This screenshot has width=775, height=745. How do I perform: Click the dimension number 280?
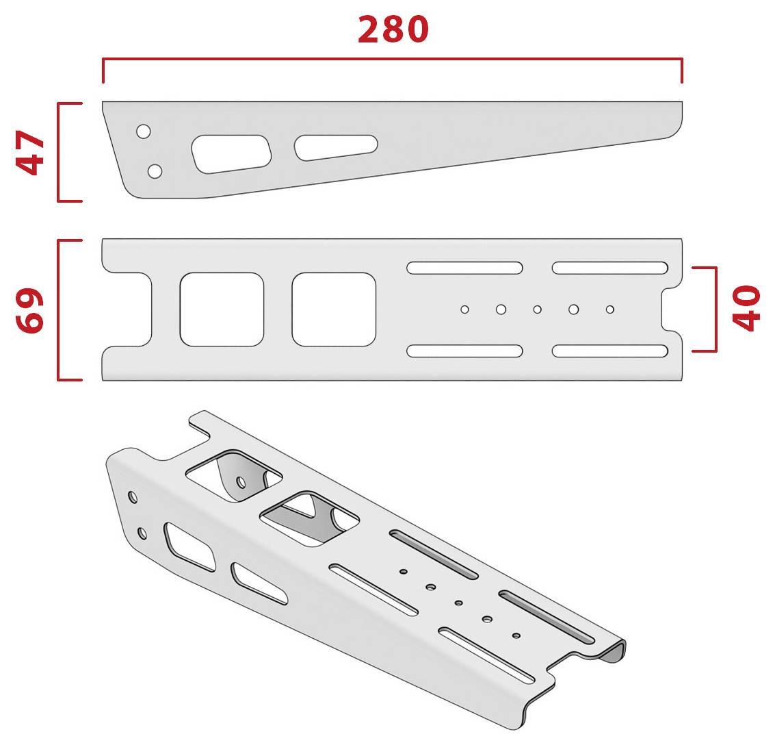(393, 29)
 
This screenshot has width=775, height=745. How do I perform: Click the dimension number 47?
(30, 153)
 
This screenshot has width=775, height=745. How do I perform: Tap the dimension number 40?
(746, 307)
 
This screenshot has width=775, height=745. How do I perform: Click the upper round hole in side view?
(144, 131)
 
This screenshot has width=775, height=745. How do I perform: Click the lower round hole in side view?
(155, 171)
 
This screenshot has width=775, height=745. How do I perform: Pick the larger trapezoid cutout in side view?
(231, 154)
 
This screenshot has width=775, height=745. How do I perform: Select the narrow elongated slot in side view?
(336, 147)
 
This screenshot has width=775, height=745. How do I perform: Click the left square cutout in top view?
(222, 310)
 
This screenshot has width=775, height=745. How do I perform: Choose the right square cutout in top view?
(334, 310)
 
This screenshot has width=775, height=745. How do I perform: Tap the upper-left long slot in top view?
(464, 268)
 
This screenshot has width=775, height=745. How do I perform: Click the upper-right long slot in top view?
(610, 268)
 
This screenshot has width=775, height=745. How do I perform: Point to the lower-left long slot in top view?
(464, 351)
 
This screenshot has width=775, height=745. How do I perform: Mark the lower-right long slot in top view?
(610, 351)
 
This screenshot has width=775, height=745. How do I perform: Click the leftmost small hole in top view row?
(464, 310)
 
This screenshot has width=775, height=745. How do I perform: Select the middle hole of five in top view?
(537, 310)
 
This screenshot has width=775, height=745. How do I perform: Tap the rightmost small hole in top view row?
(610, 310)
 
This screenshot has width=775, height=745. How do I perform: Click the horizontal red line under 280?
(393, 59)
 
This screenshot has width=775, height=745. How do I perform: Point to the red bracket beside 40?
(715, 310)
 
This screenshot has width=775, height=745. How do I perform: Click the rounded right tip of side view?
(678, 126)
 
